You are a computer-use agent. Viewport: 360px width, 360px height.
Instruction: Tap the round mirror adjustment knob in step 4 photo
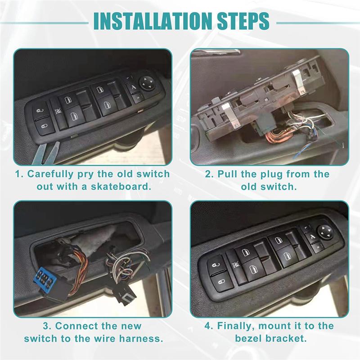325,232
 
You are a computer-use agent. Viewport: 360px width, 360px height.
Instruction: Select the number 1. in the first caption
20,174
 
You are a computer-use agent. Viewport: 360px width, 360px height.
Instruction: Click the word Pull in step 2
228,174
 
